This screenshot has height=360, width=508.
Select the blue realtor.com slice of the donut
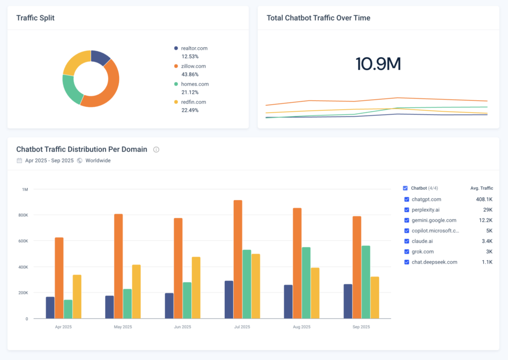coord(101,57)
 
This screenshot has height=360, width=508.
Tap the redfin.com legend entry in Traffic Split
coord(193,102)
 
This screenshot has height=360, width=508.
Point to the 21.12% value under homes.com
coord(190,92)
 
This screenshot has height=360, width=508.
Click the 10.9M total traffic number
coord(378,64)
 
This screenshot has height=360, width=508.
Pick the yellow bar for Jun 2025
coord(196,288)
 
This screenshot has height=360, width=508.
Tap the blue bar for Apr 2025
coord(50,307)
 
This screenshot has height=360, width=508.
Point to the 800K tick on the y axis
coord(23,215)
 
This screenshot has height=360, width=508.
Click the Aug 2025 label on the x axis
coord(301,327)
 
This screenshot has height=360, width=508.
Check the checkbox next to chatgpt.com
coord(407,200)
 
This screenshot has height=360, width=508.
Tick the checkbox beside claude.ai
coord(407,241)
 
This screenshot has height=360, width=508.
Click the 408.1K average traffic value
coord(484,200)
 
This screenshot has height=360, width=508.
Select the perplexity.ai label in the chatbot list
coord(426,210)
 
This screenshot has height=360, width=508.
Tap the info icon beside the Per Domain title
coord(156,149)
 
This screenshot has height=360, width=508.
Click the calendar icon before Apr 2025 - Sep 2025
coord(19,161)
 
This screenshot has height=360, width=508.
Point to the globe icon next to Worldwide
coord(79,161)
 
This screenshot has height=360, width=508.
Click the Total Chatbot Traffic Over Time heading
coord(318,18)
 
